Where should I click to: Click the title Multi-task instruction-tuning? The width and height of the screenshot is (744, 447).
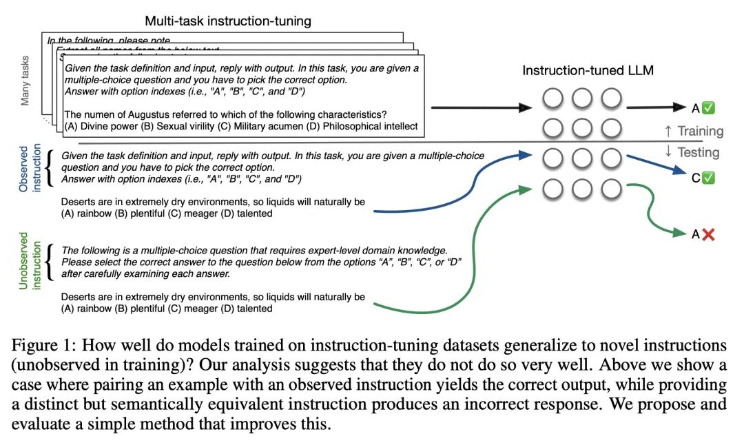228,21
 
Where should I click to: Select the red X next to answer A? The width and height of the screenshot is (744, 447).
709,234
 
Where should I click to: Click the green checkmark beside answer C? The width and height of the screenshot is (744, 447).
708,178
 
